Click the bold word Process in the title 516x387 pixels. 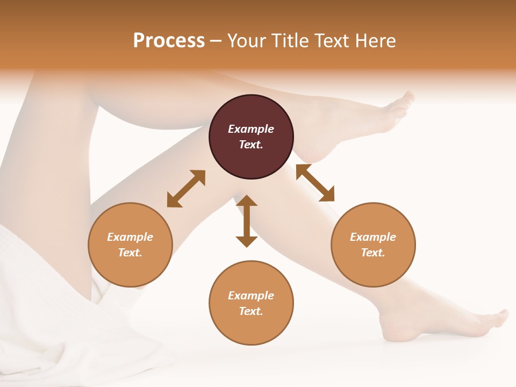click(169, 40)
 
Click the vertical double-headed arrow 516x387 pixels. click(247, 221)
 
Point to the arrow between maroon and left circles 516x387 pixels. click(186, 188)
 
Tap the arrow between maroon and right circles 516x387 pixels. click(315, 183)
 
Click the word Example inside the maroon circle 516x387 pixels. click(251, 129)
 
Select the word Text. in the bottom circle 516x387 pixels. click(251, 311)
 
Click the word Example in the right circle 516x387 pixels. click(373, 237)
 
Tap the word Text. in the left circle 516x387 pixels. click(130, 253)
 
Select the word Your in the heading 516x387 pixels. click(245, 40)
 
